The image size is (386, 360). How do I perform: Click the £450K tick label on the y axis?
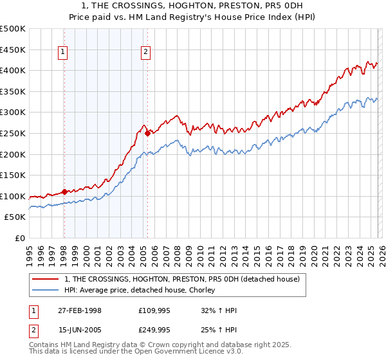[x=13, y=50]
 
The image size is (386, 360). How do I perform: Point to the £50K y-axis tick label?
[x=15, y=217]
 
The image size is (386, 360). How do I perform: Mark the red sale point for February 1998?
[x=64, y=192]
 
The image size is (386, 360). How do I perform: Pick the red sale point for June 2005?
[x=148, y=133]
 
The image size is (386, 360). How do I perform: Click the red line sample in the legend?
[x=46, y=280]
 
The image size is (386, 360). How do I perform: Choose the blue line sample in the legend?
[x=46, y=290]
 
